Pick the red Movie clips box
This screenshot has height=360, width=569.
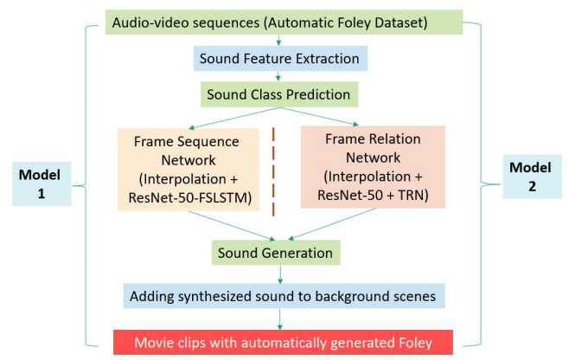284,343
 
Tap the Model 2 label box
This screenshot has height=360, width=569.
528,179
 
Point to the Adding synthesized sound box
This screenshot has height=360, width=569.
284,296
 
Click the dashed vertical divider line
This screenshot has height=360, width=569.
275,171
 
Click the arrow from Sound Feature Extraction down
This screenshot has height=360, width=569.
278,75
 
